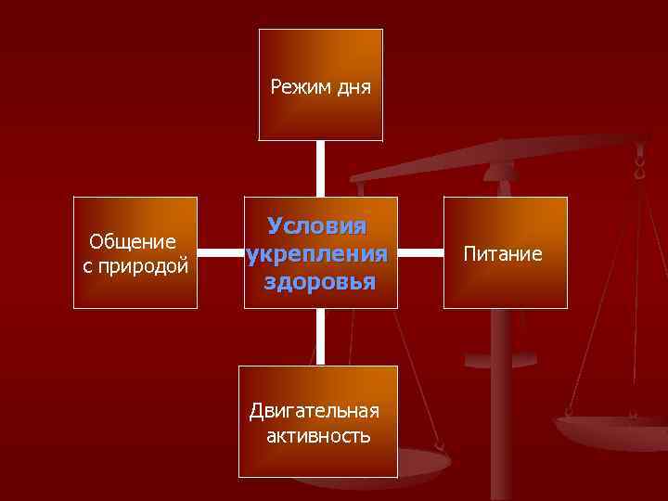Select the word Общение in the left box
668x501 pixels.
click(x=133, y=242)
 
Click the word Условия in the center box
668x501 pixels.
click(x=317, y=226)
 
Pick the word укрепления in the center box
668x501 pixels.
click(x=317, y=254)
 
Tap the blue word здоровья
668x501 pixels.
click(x=319, y=282)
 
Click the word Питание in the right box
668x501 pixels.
click(x=504, y=253)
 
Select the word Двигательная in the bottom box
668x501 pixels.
click(x=315, y=411)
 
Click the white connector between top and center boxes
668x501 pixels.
click(x=320, y=168)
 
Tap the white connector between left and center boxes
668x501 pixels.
click(x=220, y=252)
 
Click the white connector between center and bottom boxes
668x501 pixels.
click(x=320, y=337)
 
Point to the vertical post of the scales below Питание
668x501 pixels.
click(x=501, y=408)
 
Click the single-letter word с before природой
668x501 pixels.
click(x=87, y=267)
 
